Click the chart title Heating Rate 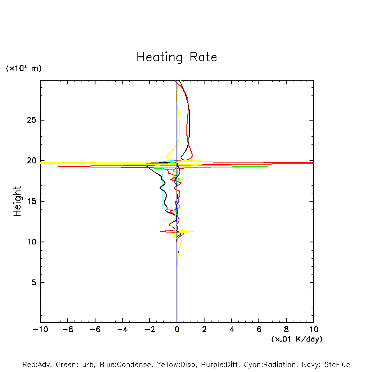click(177, 57)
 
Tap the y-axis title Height click(17, 201)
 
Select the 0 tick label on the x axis click(177, 329)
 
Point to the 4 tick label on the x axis click(232, 329)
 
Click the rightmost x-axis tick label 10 click(314, 329)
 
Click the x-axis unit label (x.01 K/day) click(296, 339)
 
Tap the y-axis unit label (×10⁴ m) click(23, 68)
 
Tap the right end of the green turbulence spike click(267, 166)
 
